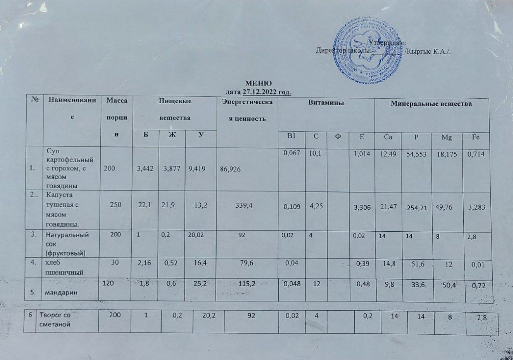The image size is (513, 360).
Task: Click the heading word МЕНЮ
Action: [259, 83]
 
